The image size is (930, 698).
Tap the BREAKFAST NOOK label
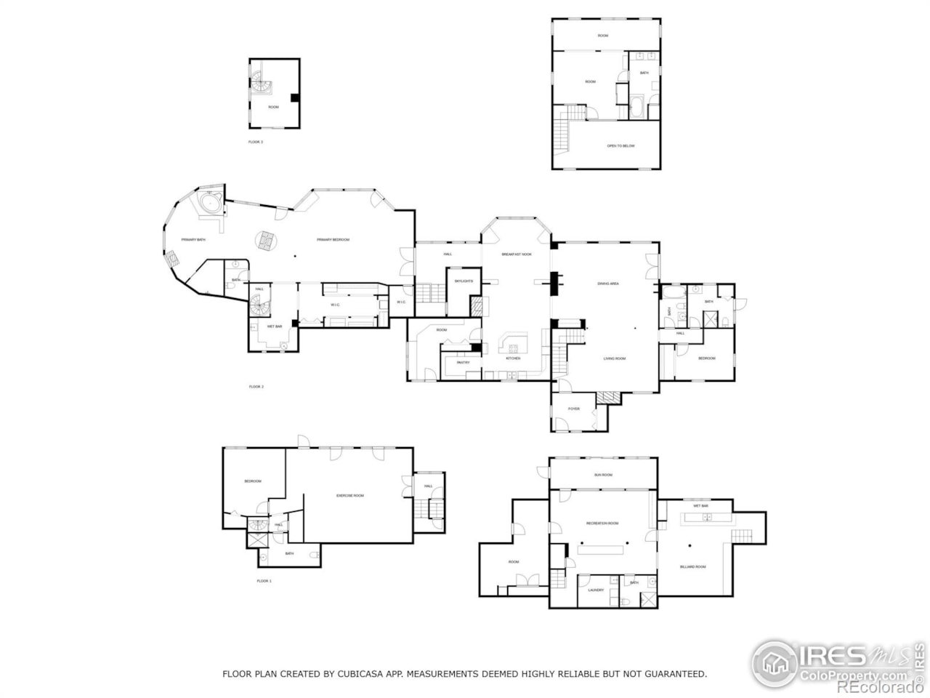click(517, 254)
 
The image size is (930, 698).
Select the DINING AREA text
click(607, 284)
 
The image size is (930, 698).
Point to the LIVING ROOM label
click(614, 358)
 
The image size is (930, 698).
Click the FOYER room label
click(574, 409)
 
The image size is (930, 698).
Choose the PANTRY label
click(463, 362)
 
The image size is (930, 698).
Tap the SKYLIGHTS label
click(464, 281)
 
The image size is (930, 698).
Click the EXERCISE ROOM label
click(349, 495)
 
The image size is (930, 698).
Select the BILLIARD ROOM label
click(692, 566)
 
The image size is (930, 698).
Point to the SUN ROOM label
click(603, 475)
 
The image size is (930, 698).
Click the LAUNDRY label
click(595, 590)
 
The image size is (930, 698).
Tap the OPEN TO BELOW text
click(620, 146)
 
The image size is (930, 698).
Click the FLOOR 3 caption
click(256, 142)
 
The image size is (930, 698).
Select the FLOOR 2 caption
click(256, 387)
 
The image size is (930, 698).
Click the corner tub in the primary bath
click(210, 203)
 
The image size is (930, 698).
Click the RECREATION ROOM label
click(602, 523)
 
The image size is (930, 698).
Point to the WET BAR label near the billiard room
click(700, 505)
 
